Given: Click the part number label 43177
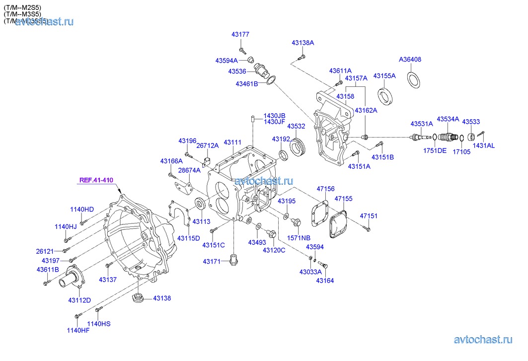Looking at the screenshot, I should click(x=240, y=35).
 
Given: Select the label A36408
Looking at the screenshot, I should click(x=410, y=60).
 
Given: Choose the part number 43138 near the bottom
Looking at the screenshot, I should click(x=161, y=298).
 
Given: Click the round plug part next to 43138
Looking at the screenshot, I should click(x=137, y=299).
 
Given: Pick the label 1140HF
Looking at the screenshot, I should click(x=78, y=330).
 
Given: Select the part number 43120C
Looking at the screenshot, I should click(x=274, y=250).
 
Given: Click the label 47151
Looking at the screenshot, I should click(x=369, y=216).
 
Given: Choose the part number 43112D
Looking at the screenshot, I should click(x=79, y=300).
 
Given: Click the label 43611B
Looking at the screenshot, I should click(x=47, y=270).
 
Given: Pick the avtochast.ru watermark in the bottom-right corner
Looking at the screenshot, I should click(x=483, y=340).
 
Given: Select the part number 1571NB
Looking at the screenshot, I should click(x=298, y=238).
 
